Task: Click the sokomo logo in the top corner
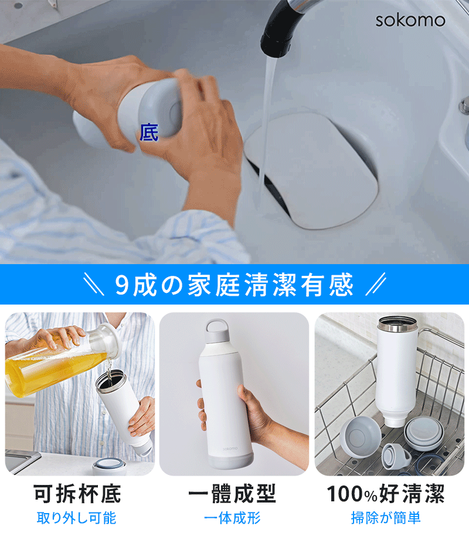coord(410,20)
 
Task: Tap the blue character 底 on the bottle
coord(149,132)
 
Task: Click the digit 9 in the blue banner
coord(121,285)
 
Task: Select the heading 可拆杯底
coord(77,494)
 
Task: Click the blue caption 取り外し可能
coord(76,518)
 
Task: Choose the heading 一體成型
coord(232,494)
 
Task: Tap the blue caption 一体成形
coord(232,518)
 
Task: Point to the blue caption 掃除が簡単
coord(386,518)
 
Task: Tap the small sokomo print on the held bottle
coord(230,449)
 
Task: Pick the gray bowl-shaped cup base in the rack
coord(360,438)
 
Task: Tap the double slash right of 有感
coord(376,284)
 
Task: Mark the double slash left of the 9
coord(94,284)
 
